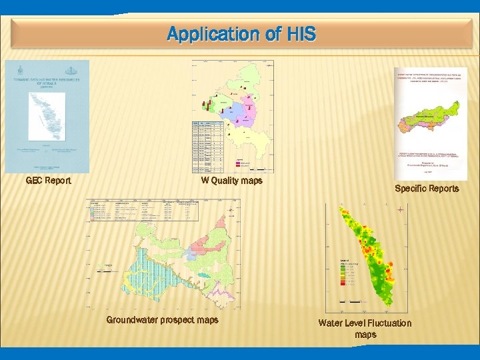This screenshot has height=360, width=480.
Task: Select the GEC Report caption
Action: pyautogui.click(x=48, y=181)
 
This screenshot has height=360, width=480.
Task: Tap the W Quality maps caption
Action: pyautogui.click(x=232, y=181)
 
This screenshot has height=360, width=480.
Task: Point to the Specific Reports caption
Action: pyautogui.click(x=427, y=189)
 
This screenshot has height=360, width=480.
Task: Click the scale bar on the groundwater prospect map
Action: pyautogui.click(x=107, y=271)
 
